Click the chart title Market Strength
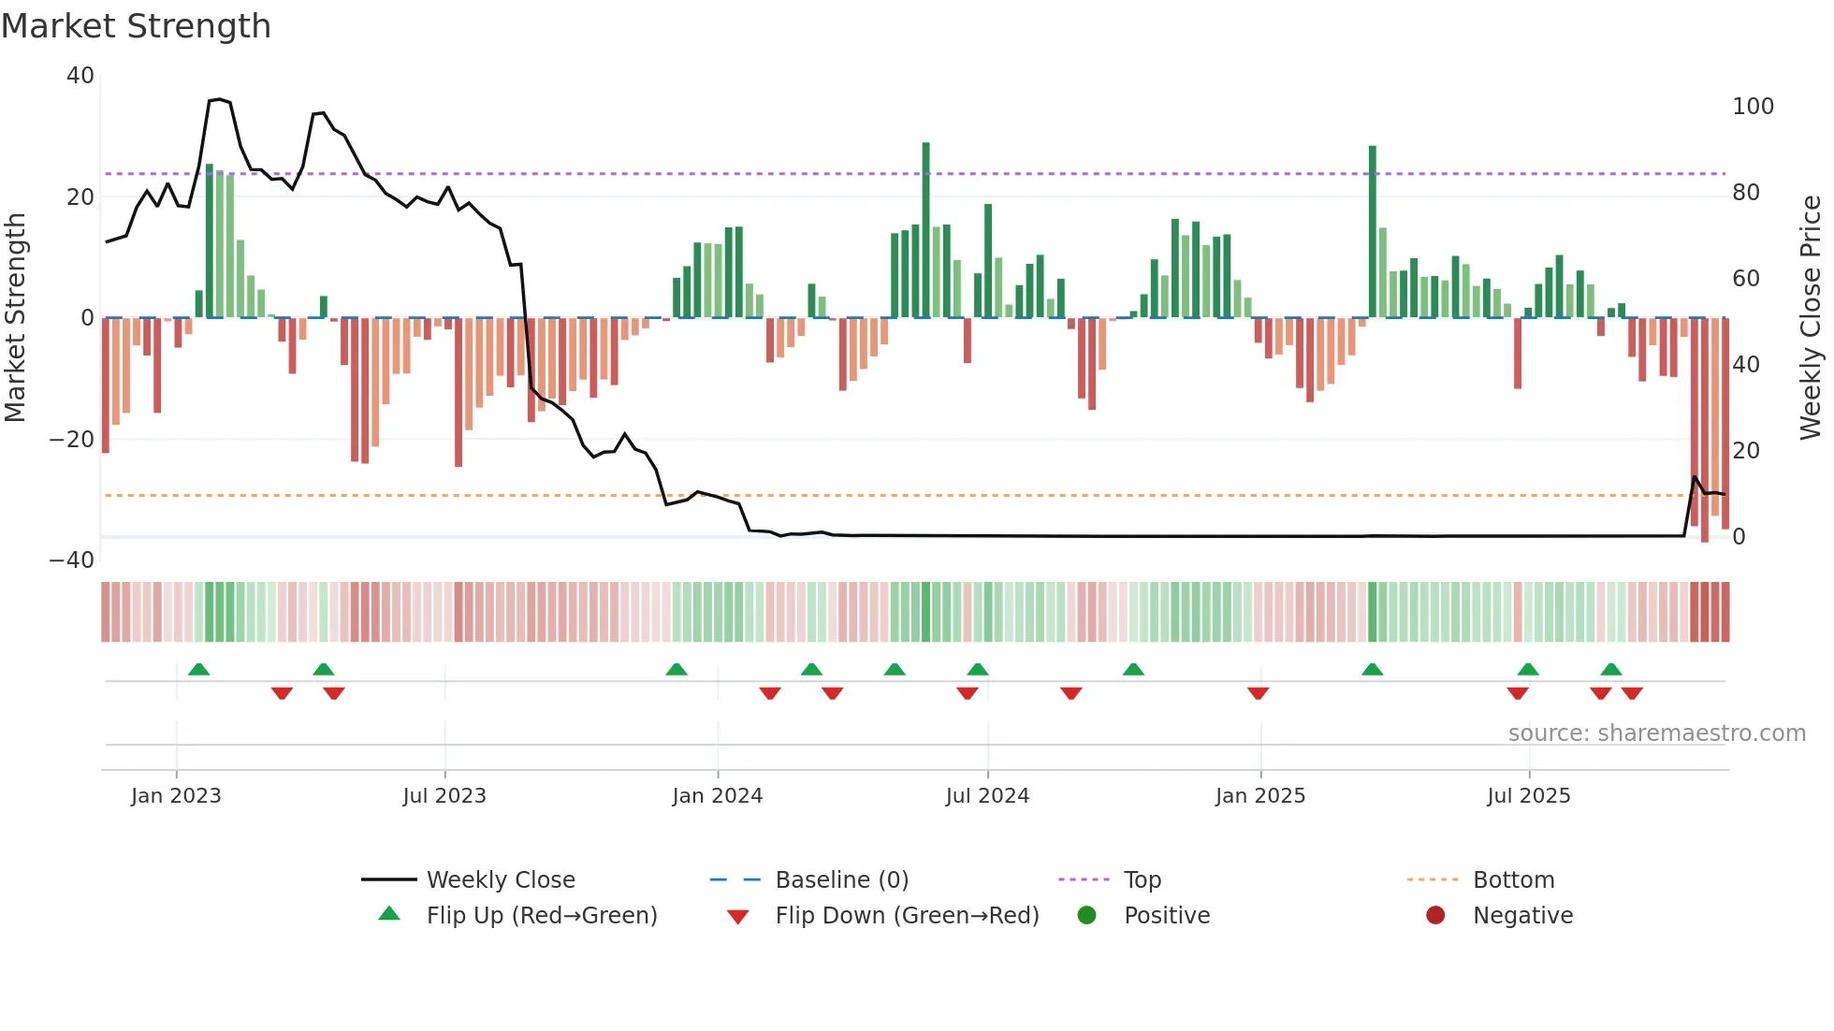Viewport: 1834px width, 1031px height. [x=136, y=26]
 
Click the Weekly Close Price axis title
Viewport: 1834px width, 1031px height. [x=1811, y=317]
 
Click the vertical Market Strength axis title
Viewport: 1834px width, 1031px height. [x=15, y=317]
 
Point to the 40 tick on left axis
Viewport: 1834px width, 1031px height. [x=80, y=76]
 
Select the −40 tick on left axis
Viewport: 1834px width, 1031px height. [x=72, y=560]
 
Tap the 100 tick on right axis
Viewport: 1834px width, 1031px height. [x=1752, y=107]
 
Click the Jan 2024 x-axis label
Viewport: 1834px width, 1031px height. [x=717, y=796]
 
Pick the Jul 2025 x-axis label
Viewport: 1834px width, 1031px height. [x=1528, y=796]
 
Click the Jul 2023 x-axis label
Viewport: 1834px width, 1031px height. [x=444, y=796]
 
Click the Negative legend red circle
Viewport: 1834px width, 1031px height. [x=1435, y=915]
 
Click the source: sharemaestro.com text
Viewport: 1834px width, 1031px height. [x=1656, y=733]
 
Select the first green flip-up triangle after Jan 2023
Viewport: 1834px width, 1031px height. [x=198, y=669]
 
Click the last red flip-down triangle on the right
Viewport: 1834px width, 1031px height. [x=1632, y=693]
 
